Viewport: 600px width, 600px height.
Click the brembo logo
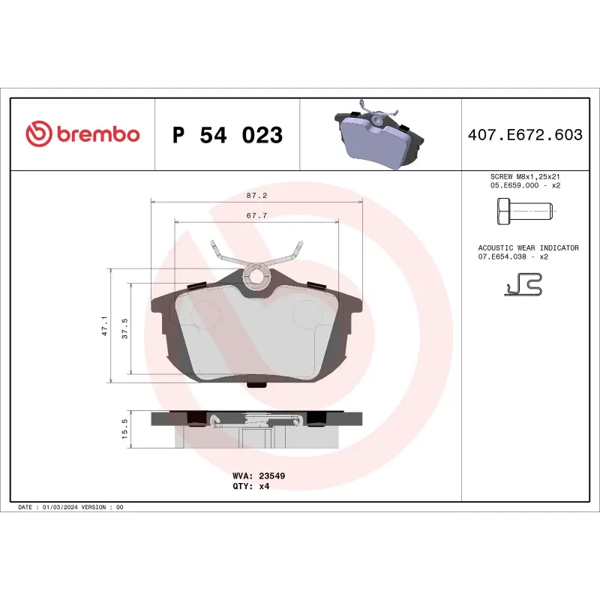pyautogui.click(x=82, y=135)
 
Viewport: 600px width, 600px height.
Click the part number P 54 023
pyautogui.click(x=227, y=136)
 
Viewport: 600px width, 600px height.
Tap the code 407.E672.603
pyautogui.click(x=524, y=135)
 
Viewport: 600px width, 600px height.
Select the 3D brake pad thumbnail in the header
pyautogui.click(x=380, y=135)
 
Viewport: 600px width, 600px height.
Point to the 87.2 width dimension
pyautogui.click(x=256, y=195)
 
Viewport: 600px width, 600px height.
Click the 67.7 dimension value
pyautogui.click(x=256, y=215)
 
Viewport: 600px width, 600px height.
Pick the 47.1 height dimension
pyautogui.click(x=104, y=325)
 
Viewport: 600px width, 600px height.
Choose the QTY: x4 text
pyautogui.click(x=251, y=486)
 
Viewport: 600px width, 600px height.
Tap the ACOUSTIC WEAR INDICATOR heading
pyautogui.click(x=528, y=247)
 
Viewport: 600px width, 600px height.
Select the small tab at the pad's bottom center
pyautogui.click(x=256, y=385)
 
